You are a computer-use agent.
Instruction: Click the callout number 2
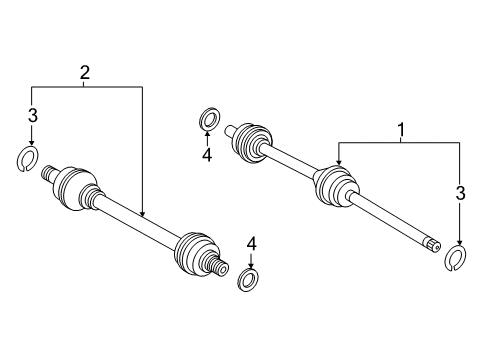tap(85, 71)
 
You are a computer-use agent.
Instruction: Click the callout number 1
tap(402, 129)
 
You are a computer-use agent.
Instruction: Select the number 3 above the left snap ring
tap(32, 117)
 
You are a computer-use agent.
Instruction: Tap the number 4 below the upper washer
tap(206, 154)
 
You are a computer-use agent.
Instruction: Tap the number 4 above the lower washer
tap(251, 243)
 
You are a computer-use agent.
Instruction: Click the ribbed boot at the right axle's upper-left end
tap(252, 141)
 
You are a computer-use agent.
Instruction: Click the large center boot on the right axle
tap(335, 187)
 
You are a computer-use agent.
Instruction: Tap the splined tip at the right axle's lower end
tap(431, 243)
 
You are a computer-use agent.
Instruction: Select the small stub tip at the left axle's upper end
tap(46, 173)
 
